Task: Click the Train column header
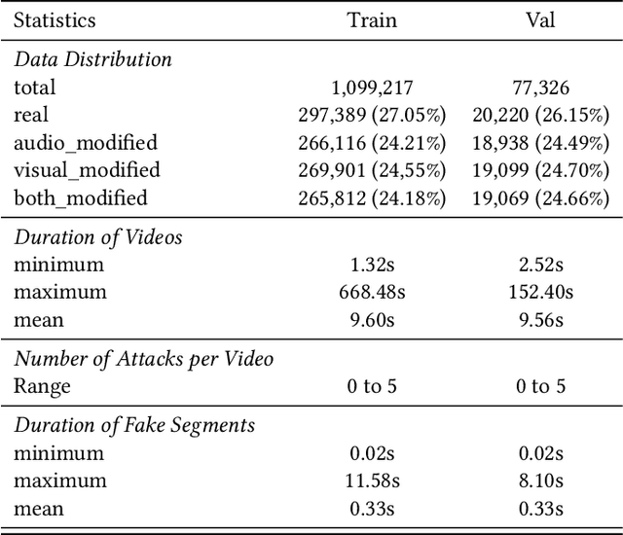tap(372, 19)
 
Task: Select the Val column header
tap(540, 19)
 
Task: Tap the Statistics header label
tap(55, 19)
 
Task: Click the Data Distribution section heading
tap(92, 59)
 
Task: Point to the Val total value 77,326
tap(540, 88)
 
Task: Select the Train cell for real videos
tap(372, 116)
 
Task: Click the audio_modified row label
tap(86, 143)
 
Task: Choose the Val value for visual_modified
tap(540, 171)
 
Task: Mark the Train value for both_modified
tap(372, 198)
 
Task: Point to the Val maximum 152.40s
tap(540, 292)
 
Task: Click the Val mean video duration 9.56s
tap(540, 320)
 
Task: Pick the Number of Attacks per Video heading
tap(143, 358)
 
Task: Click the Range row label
tap(42, 386)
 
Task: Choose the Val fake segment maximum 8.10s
tap(540, 481)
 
